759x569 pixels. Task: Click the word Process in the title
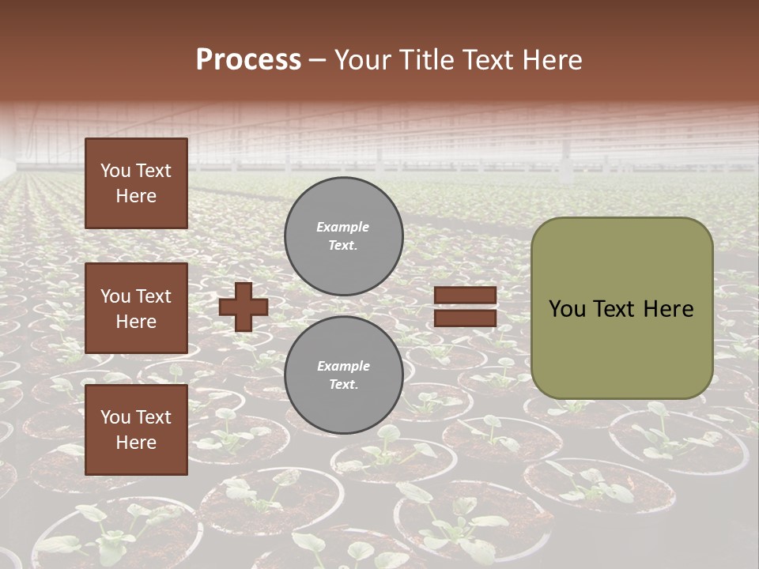coord(248,60)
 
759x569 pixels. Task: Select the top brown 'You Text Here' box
coord(136,183)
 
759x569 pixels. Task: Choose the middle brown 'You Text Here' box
coord(136,308)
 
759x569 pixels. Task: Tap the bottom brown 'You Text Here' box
coord(136,430)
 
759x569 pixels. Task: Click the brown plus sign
coord(244,307)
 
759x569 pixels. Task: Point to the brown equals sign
coord(465,307)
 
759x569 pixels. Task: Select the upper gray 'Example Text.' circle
coord(344,236)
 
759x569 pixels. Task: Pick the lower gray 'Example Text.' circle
coord(344,375)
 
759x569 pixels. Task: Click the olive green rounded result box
coord(621,308)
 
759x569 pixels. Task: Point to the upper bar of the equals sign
coord(465,296)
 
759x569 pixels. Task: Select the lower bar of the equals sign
coord(465,318)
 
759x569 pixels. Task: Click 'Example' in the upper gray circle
coord(342,227)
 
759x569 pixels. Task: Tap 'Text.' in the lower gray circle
coord(343,385)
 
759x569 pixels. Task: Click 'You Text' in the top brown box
coord(136,171)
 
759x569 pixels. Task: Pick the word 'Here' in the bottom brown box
coord(136,443)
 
